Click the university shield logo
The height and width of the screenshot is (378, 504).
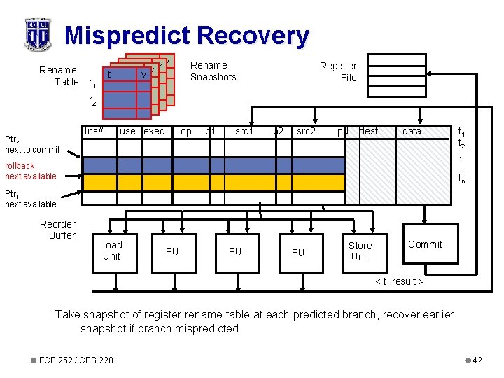[x=37, y=34]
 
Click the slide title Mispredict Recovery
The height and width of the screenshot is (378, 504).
[x=186, y=35]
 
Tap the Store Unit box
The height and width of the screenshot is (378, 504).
[x=360, y=251]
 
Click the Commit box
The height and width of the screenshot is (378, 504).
[x=425, y=244]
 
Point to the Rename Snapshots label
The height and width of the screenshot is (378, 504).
[x=213, y=71]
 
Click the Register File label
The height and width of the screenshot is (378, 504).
[x=339, y=71]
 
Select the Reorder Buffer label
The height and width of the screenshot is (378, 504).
[x=58, y=230]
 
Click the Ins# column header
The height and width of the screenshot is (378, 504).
[x=94, y=131]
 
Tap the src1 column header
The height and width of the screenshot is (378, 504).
[x=244, y=131]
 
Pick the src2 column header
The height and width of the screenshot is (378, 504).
[x=306, y=131]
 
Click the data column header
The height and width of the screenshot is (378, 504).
[x=412, y=131]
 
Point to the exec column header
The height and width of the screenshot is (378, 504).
[x=154, y=131]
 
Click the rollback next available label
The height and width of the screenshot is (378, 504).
[x=30, y=171]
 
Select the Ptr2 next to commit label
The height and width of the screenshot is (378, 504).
[x=31, y=144]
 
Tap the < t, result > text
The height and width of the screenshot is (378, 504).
[x=400, y=281]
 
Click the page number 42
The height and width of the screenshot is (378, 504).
[x=477, y=360]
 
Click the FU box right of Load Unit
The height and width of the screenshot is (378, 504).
[x=171, y=252]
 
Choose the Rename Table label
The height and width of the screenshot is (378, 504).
[x=59, y=76]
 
